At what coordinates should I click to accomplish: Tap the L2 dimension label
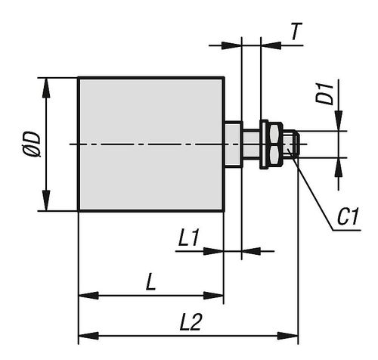pos(191,322)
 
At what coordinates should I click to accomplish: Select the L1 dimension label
pos(189,237)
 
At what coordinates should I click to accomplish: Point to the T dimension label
pos(296,32)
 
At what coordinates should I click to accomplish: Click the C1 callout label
pos(348,216)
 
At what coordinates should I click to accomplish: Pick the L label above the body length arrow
pos(151,282)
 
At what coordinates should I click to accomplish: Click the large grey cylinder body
pos(151,144)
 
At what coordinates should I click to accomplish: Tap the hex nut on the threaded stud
pos(274,144)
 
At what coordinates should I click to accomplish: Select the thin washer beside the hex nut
pos(264,144)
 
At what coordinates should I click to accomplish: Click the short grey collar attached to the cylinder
pos(234,144)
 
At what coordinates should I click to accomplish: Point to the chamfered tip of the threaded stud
pos(297,144)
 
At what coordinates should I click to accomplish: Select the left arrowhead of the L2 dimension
pos(88,336)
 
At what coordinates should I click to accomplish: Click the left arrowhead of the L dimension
pos(88,296)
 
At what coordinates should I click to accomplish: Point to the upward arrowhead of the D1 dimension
pos(339,167)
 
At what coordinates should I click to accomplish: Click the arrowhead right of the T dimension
pos(271,45)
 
